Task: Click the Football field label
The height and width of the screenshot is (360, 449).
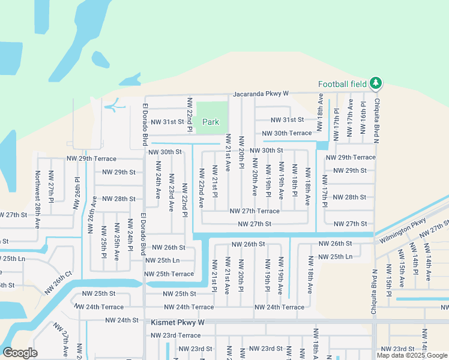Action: pos(342,84)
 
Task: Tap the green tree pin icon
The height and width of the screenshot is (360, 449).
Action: pos(376,83)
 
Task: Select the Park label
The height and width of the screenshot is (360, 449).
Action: pos(210,122)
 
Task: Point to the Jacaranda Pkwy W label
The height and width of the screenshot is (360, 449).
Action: pos(261,94)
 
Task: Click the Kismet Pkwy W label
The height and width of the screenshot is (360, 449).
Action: pos(178,322)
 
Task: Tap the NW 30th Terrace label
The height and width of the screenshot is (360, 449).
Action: pos(287,133)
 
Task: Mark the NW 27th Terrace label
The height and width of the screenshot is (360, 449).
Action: pos(255,211)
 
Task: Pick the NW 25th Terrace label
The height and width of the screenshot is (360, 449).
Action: pos(169,274)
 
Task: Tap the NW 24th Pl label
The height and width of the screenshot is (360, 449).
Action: pos(130,235)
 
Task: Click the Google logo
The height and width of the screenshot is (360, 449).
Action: pos(20,353)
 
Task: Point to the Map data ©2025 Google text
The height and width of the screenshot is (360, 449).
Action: pos(411,355)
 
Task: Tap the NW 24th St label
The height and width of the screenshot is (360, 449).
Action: pos(122,320)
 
